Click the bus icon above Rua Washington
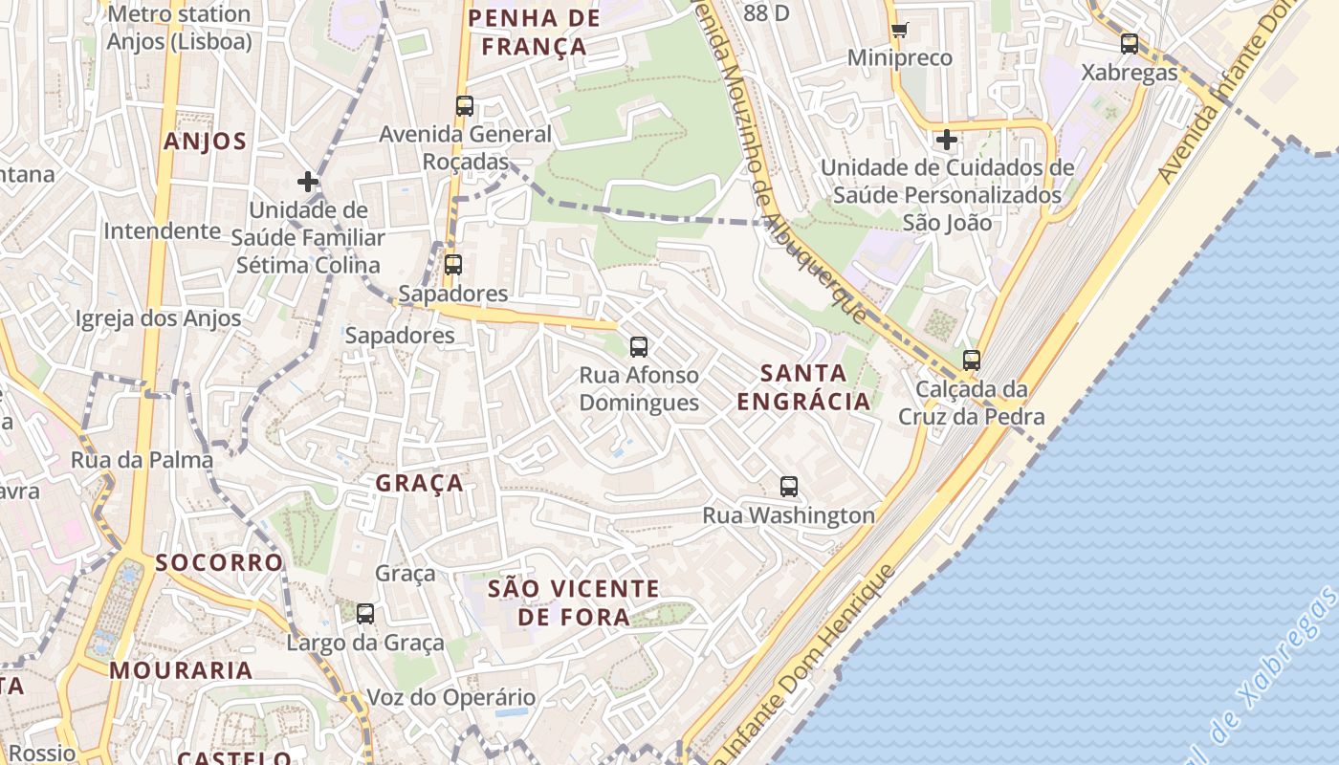click(x=789, y=486)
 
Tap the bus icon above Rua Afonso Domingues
click(x=639, y=346)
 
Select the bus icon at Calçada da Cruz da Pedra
click(x=972, y=360)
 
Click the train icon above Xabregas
click(x=1130, y=43)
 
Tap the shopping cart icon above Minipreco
click(x=899, y=30)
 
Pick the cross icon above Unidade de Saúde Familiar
click(x=308, y=181)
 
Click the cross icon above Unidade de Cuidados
click(x=947, y=140)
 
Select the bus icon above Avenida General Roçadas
click(x=465, y=105)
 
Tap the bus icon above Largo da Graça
click(x=365, y=613)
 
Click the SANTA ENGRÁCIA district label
click(x=804, y=387)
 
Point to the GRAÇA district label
click(x=420, y=483)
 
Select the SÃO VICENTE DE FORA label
click(x=574, y=602)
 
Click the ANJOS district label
click(x=206, y=142)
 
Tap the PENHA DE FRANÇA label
click(x=534, y=32)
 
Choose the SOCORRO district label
click(x=220, y=562)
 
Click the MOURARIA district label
click(x=181, y=669)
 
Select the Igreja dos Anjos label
click(x=159, y=318)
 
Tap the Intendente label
click(x=163, y=230)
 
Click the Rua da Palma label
click(x=142, y=460)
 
